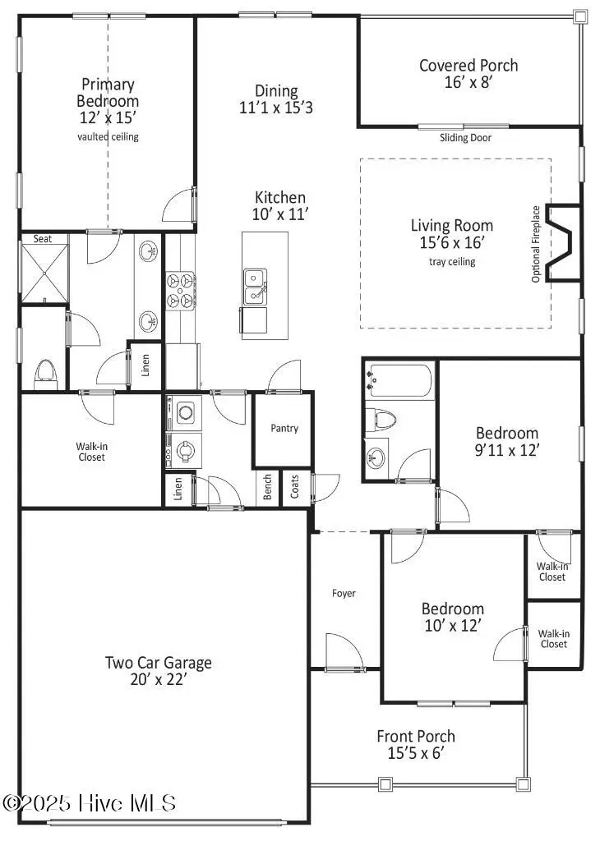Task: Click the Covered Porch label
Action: [x=468, y=66]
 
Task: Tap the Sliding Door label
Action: [x=465, y=138]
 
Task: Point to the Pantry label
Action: [x=284, y=428]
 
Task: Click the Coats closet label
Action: [x=295, y=489]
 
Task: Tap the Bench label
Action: [x=268, y=489]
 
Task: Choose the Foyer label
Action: [x=344, y=593]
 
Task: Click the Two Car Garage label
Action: [x=159, y=662]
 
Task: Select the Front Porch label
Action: [x=415, y=737]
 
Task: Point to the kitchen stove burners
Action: [x=180, y=292]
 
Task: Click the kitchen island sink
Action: [x=254, y=285]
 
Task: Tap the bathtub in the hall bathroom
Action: [x=400, y=381]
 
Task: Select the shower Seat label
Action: [x=42, y=239]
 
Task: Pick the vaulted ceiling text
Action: [x=108, y=137]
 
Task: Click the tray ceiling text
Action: [x=452, y=262]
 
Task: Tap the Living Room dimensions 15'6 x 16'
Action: [x=452, y=243]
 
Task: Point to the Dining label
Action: [x=276, y=91]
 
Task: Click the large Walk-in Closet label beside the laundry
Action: [x=91, y=452]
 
